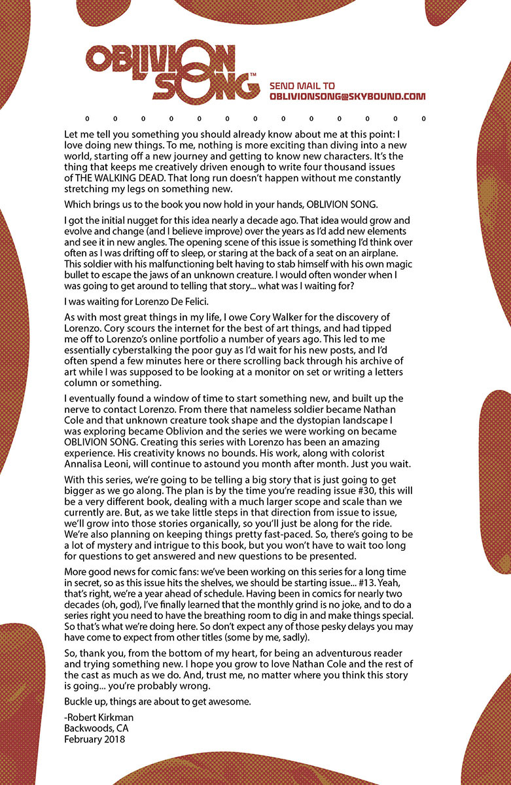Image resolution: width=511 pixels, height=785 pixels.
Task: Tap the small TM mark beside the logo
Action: click(253, 76)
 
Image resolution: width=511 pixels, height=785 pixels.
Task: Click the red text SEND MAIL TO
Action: click(302, 86)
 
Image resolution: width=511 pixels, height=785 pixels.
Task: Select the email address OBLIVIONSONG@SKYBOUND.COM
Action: click(347, 97)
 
